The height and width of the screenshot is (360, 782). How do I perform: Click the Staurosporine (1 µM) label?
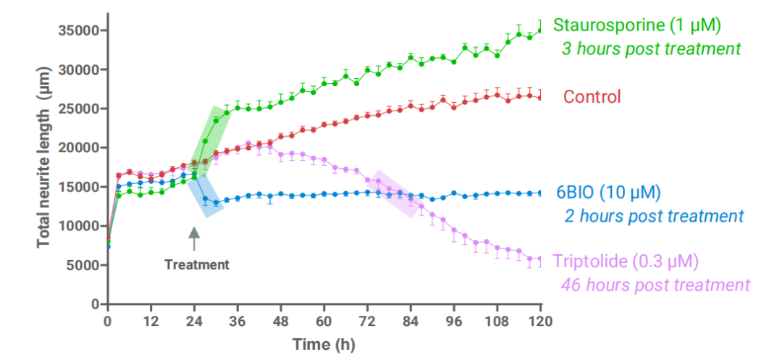[x=637, y=25]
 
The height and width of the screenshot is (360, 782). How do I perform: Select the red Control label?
[x=592, y=97]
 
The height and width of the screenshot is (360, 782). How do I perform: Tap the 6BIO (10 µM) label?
[x=608, y=193]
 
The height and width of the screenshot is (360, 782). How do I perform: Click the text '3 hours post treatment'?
[x=652, y=49]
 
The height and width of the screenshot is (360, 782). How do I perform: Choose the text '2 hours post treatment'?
[x=654, y=216]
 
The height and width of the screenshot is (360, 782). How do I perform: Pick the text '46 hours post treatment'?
[x=655, y=285]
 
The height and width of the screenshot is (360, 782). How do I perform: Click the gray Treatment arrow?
[x=193, y=239]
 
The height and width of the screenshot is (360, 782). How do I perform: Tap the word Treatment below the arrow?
[x=196, y=264]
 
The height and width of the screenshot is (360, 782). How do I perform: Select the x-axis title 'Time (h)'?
[x=323, y=344]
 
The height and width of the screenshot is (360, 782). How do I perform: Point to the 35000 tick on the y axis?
[x=80, y=30]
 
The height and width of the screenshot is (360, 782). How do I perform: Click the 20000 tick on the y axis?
[x=80, y=148]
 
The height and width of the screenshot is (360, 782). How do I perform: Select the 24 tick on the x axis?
[x=193, y=320]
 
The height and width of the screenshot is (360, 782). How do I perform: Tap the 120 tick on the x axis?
[x=540, y=320]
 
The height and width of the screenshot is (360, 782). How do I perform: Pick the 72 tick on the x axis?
[x=367, y=320]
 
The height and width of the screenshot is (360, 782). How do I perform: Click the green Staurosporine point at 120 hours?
[x=540, y=30]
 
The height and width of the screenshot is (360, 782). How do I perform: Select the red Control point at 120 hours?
[x=540, y=97]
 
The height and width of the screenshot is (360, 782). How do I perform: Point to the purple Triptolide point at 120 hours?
[x=540, y=259]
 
